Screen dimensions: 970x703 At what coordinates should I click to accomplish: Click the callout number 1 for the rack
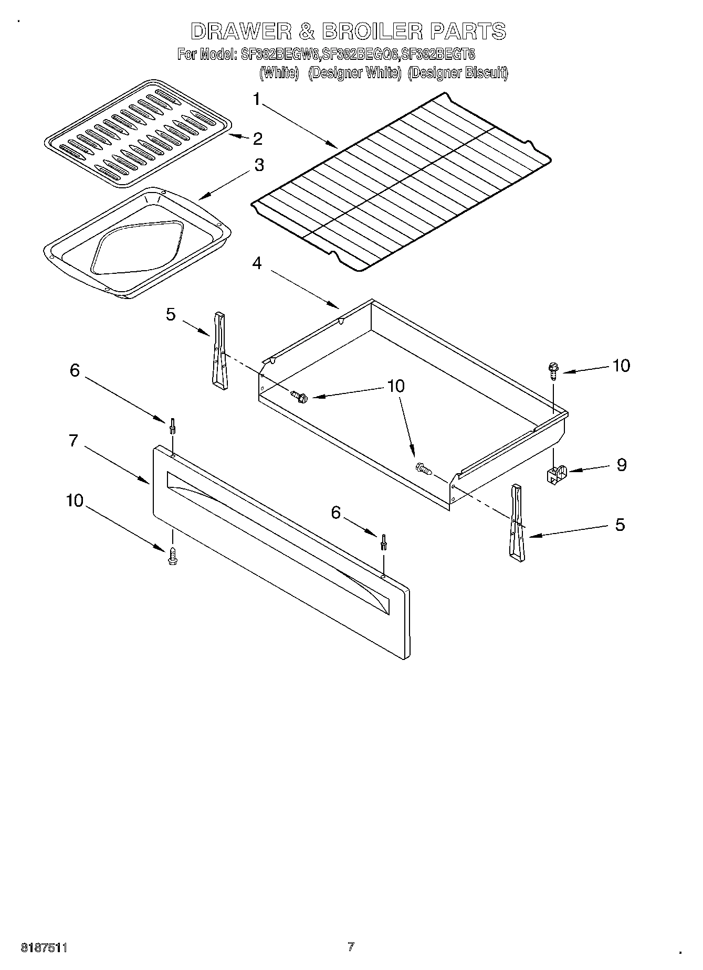tap(257, 99)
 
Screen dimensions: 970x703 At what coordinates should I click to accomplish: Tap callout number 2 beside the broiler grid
tap(257, 138)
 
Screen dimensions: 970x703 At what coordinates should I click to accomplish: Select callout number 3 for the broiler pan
tap(259, 165)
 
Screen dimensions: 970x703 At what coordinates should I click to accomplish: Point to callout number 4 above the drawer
tap(257, 263)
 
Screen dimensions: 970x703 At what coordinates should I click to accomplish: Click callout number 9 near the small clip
tap(621, 465)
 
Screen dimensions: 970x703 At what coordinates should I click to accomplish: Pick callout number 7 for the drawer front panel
tap(74, 441)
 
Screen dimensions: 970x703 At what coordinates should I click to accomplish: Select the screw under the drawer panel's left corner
tap(172, 555)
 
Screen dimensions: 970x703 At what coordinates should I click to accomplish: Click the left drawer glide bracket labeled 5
tap(219, 350)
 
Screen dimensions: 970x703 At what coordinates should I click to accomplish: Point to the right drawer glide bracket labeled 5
tap(517, 524)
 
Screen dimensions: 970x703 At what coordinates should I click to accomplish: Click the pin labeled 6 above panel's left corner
tap(172, 425)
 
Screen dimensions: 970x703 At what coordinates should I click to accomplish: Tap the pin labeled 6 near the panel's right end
tap(385, 541)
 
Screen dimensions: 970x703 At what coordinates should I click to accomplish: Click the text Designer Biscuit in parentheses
tap(458, 73)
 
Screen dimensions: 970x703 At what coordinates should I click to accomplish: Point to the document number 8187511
tap(44, 947)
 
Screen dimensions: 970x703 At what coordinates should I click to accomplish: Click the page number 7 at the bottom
tap(351, 946)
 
